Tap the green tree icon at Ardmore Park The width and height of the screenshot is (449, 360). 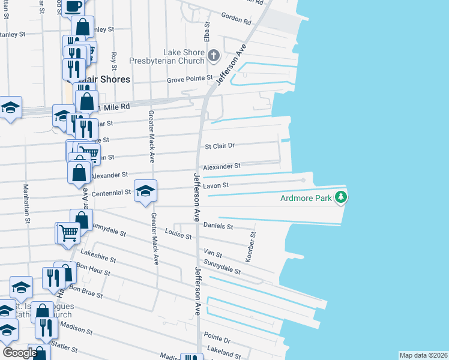point(341,196)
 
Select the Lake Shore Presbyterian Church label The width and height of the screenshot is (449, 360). point(168,56)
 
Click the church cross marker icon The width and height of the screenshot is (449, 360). point(214,56)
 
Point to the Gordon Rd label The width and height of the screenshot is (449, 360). point(236,19)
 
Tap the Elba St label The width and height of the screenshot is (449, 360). point(207,31)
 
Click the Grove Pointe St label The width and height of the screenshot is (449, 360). point(190,79)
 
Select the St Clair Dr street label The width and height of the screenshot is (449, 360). point(220,145)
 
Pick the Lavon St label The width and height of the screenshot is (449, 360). point(216,186)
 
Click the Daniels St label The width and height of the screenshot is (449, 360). point(218,226)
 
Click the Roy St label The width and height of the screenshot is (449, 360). point(113,61)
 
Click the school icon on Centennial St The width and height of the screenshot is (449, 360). point(145,191)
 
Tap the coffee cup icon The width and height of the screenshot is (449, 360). point(73,6)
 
